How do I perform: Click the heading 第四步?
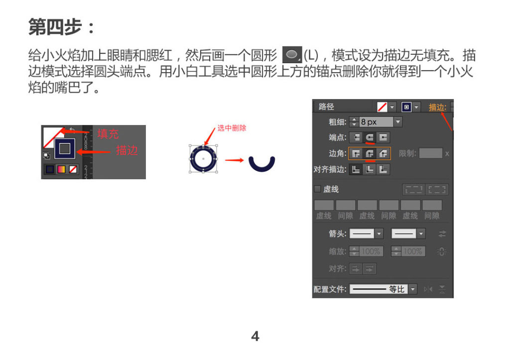[61, 27]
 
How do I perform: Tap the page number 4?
[255, 337]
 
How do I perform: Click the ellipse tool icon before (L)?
[292, 54]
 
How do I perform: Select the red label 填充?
[108, 133]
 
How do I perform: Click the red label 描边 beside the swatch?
[127, 150]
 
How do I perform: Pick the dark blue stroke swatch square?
[65, 148]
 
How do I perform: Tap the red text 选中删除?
[232, 128]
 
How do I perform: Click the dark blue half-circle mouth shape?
[262, 165]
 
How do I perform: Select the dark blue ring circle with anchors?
[203, 158]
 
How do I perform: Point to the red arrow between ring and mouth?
[234, 160]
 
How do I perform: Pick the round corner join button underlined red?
[370, 153]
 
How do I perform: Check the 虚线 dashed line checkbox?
[317, 189]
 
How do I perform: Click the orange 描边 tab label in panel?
[437, 107]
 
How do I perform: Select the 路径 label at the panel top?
[326, 107]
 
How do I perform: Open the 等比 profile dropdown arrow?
[412, 289]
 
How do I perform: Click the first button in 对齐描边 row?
[356, 169]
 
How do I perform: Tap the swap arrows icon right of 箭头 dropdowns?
[442, 234]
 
